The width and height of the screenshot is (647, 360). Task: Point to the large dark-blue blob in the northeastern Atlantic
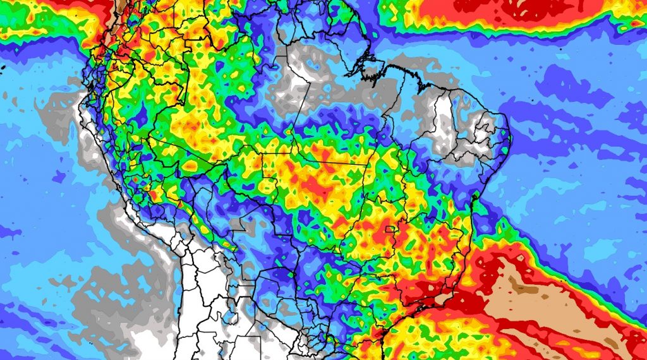tap(569, 82)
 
